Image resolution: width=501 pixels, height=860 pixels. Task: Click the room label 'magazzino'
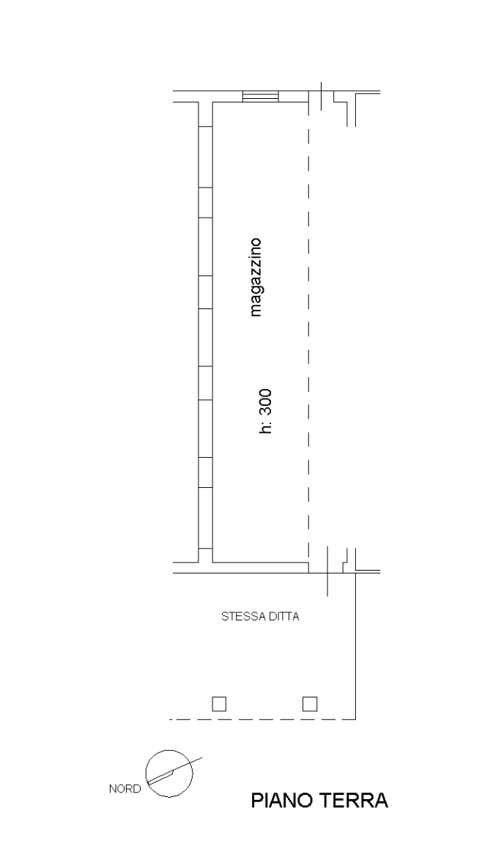coord(256,277)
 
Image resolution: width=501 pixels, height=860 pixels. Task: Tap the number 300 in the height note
coord(266,401)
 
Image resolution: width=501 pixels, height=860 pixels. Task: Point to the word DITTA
coord(283,617)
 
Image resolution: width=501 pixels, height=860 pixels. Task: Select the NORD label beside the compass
coord(125,789)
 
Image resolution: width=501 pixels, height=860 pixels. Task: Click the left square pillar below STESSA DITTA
coord(218,705)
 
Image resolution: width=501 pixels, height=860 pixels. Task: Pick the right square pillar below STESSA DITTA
coord(311,705)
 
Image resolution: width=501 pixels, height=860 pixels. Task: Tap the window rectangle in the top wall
coord(260,96)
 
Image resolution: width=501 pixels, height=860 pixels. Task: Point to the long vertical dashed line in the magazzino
coord(308,330)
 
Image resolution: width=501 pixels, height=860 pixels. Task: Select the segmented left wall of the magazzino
coord(206,330)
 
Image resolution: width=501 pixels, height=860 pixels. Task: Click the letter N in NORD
coord(112,789)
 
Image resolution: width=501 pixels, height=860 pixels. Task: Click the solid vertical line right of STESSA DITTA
coord(355,645)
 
